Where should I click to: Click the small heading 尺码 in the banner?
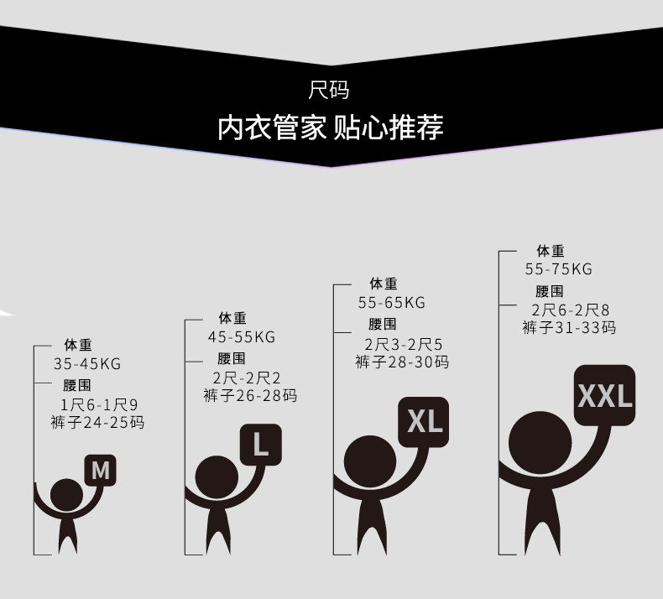click(x=329, y=90)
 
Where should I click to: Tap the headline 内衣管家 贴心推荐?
click(x=330, y=128)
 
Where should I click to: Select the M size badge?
click(x=100, y=470)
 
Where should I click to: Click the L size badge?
click(x=260, y=445)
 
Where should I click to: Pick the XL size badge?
click(x=423, y=422)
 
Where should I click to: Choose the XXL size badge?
click(x=604, y=395)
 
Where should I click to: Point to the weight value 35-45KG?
click(x=87, y=363)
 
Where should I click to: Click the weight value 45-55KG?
click(x=242, y=337)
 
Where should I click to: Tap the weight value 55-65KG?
click(x=392, y=303)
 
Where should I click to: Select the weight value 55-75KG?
click(x=559, y=268)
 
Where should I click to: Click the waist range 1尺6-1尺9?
click(x=99, y=405)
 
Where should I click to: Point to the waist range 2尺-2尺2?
click(x=247, y=378)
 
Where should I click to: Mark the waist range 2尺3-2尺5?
click(x=404, y=345)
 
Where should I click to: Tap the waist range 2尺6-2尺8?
click(x=571, y=310)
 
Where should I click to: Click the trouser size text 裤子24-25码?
click(x=97, y=422)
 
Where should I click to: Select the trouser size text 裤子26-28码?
click(x=250, y=396)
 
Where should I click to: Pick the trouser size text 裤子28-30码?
click(x=402, y=362)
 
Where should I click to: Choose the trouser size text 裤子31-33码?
click(x=569, y=328)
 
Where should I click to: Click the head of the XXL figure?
click(x=540, y=443)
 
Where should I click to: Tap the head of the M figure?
click(x=67, y=495)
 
